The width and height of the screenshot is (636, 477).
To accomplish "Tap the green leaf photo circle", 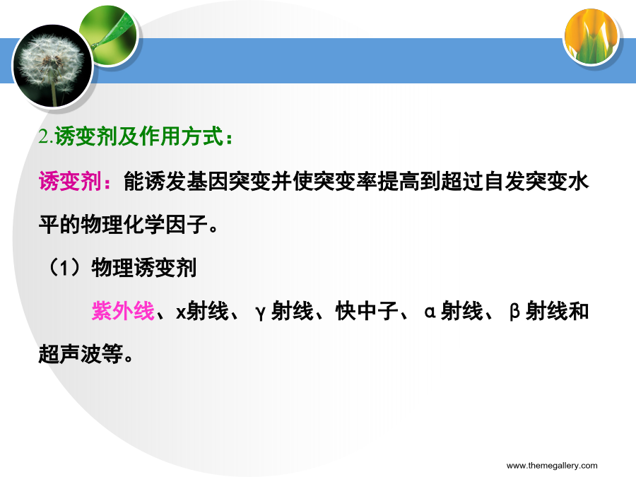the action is pyautogui.click(x=109, y=35).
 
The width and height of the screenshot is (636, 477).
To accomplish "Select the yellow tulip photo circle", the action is pyautogui.click(x=591, y=37).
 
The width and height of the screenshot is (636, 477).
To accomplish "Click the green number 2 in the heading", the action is pyautogui.click(x=43, y=136).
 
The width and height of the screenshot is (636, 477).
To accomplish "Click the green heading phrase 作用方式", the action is pyautogui.click(x=182, y=136).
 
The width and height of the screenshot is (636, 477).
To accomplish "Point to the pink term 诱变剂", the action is pyautogui.click(x=70, y=181).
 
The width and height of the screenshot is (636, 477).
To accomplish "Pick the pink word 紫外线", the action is pyautogui.click(x=123, y=311).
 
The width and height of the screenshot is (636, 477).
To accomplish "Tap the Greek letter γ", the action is pyautogui.click(x=260, y=313).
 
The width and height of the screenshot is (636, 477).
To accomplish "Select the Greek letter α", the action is pyautogui.click(x=430, y=312).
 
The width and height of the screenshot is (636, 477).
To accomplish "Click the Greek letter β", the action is pyautogui.click(x=514, y=312).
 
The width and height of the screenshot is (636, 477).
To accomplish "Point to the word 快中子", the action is pyautogui.click(x=367, y=311).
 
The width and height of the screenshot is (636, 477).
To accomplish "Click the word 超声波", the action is pyautogui.click(x=70, y=354).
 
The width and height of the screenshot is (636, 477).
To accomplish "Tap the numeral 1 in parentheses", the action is pyautogui.click(x=65, y=268).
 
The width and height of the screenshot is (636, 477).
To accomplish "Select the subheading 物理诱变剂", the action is pyautogui.click(x=144, y=268).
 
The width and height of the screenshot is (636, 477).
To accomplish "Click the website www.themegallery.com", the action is pyautogui.click(x=552, y=466).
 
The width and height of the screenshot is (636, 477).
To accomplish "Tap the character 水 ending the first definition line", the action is pyautogui.click(x=578, y=181).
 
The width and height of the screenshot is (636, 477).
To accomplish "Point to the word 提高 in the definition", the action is pyautogui.click(x=399, y=181).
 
